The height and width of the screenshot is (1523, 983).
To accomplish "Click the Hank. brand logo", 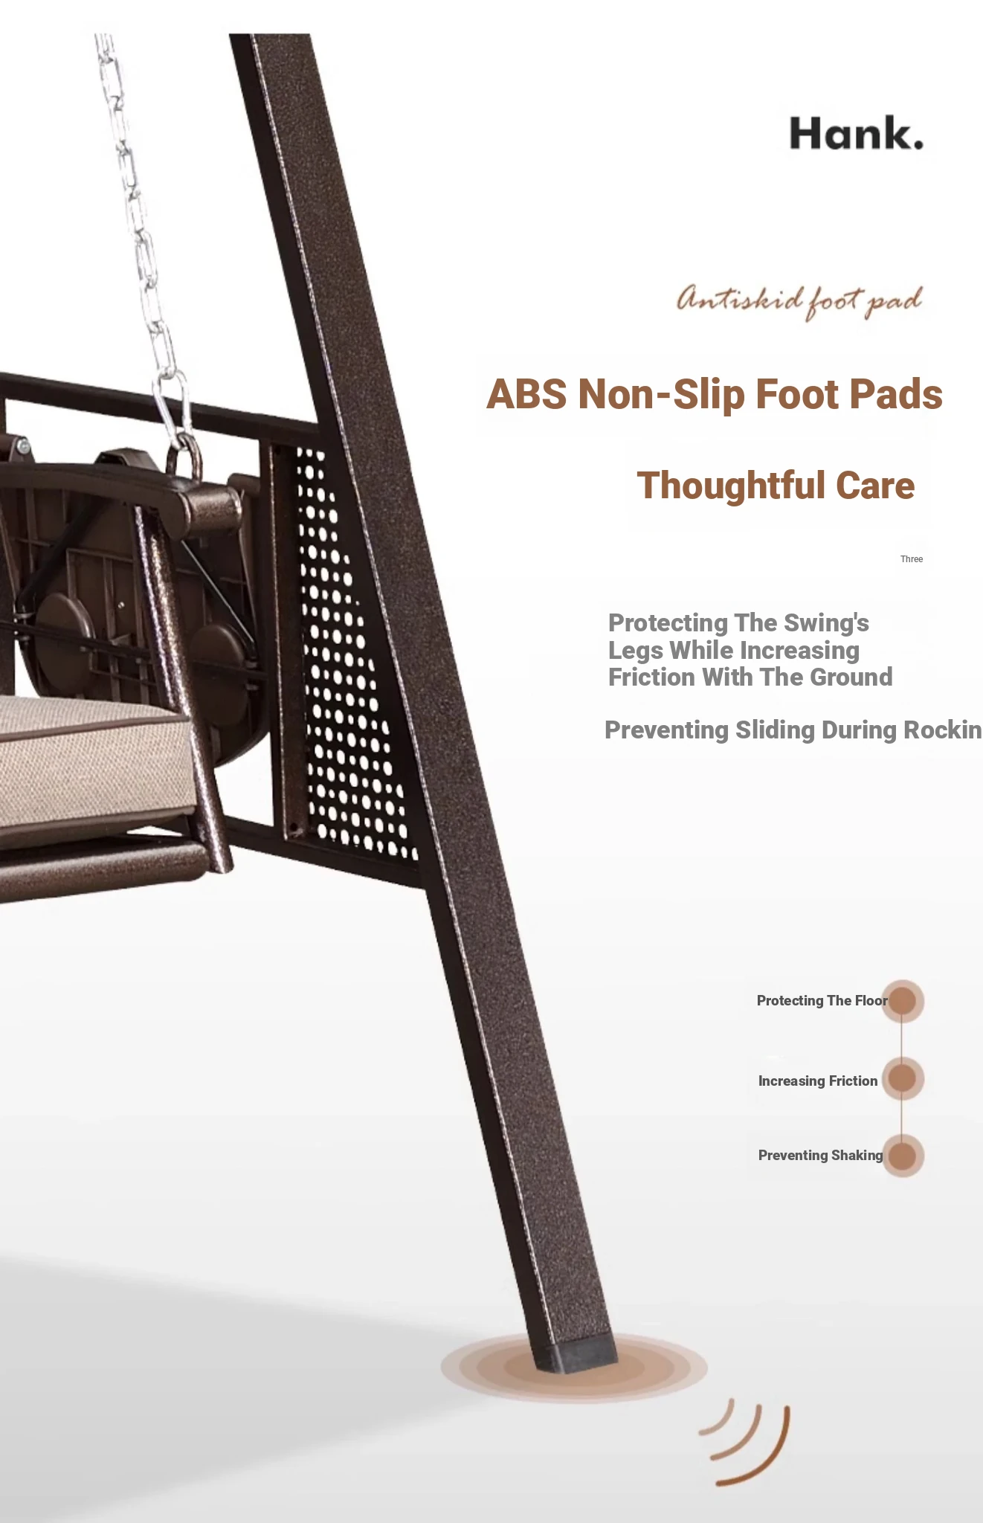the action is pyautogui.click(x=856, y=133).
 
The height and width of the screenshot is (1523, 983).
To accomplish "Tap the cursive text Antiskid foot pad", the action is pyautogui.click(x=799, y=301).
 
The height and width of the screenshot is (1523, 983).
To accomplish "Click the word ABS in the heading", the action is pyautogui.click(x=526, y=394).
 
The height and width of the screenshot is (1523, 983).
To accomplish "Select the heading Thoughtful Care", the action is pyautogui.click(x=776, y=486).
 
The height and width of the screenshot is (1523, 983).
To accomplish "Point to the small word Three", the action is pyautogui.click(x=912, y=559).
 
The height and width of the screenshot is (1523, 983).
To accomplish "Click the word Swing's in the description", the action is pyautogui.click(x=826, y=622).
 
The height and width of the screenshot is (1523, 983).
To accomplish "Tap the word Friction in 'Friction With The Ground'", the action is pyautogui.click(x=651, y=677).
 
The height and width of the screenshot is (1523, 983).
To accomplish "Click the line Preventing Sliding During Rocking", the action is pyautogui.click(x=793, y=730).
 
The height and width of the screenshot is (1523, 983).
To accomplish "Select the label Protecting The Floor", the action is pyautogui.click(x=822, y=1001).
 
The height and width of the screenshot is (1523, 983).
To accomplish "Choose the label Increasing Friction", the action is pyautogui.click(x=818, y=1081).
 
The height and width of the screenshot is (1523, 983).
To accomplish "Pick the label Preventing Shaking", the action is pyautogui.click(x=820, y=1155).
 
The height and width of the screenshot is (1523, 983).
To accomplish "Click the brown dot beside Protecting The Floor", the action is pyautogui.click(x=903, y=1001).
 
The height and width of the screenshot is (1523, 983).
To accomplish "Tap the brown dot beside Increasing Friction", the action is pyautogui.click(x=903, y=1078).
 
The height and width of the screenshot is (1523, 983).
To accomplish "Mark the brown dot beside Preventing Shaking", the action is pyautogui.click(x=903, y=1156).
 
